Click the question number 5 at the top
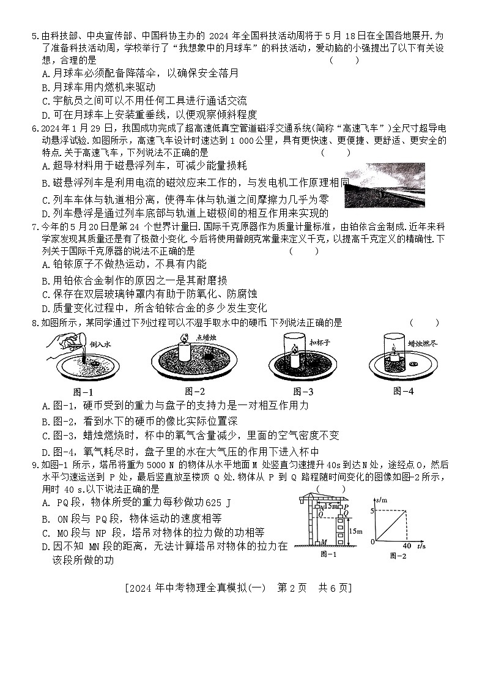tap(34, 36)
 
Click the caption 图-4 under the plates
tap(404, 391)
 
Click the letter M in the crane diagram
tap(323, 542)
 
